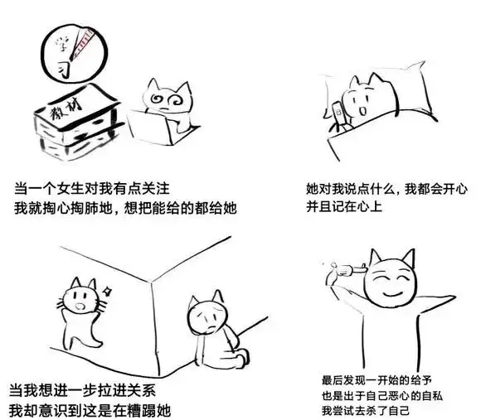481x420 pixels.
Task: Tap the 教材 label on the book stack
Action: [66, 109]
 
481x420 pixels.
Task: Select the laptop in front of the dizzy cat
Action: [150, 128]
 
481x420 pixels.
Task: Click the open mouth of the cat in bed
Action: [363, 110]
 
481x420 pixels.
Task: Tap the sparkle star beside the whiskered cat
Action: [107, 291]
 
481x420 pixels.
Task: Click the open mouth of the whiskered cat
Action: [80, 307]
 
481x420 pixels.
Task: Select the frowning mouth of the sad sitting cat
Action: [211, 328]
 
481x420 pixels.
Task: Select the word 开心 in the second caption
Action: [455, 189]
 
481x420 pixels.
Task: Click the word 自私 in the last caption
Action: [432, 395]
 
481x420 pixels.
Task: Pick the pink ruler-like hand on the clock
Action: [83, 43]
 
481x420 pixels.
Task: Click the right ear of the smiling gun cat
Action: [409, 258]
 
